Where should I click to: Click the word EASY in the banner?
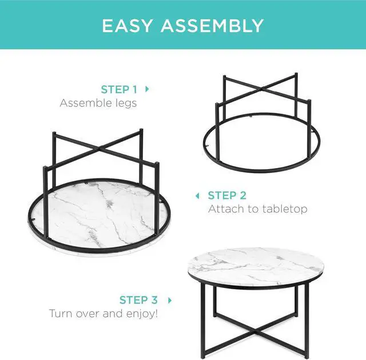coord(128,26)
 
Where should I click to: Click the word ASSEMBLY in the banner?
coord(212,26)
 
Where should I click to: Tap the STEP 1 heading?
coord(119,89)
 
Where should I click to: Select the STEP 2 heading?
coord(227,195)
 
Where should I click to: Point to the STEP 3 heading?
coord(138,300)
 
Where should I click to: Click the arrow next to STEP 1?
coord(147,89)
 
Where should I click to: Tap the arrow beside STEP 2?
coord(197,195)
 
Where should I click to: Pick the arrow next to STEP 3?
coord(170,301)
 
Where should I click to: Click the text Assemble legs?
coord(98,103)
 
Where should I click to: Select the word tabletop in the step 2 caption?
coord(285,209)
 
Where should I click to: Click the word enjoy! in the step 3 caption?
coord(142,314)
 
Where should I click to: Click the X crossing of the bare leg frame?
coord(262,89)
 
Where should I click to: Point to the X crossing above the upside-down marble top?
coord(100,148)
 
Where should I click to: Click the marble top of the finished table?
coord(256,266)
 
